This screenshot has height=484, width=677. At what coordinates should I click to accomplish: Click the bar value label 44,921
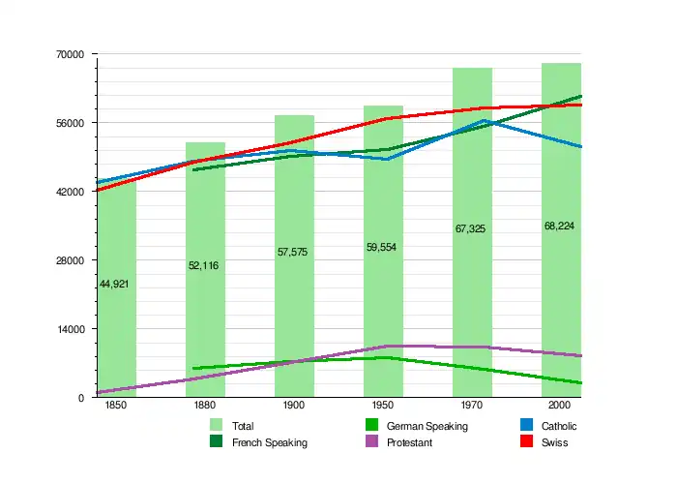(x=114, y=284)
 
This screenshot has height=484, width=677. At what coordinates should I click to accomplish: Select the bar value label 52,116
(x=203, y=265)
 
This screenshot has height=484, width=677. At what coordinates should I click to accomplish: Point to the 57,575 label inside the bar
(x=292, y=252)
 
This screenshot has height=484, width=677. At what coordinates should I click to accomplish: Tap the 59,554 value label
(x=381, y=247)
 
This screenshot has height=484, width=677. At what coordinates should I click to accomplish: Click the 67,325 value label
(x=470, y=229)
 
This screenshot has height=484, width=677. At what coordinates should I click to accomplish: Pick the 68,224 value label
(x=559, y=226)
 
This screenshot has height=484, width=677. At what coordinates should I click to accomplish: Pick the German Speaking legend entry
(x=427, y=426)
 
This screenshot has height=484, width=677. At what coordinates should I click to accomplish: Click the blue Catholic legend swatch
(x=526, y=426)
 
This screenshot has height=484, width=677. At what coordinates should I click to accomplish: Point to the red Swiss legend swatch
(x=526, y=442)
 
